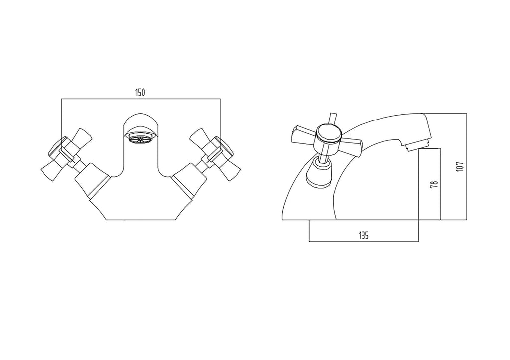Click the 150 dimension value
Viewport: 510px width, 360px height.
pos(140,92)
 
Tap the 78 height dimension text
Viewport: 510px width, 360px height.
pos(434,184)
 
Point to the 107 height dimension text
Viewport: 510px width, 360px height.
pos(460,166)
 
